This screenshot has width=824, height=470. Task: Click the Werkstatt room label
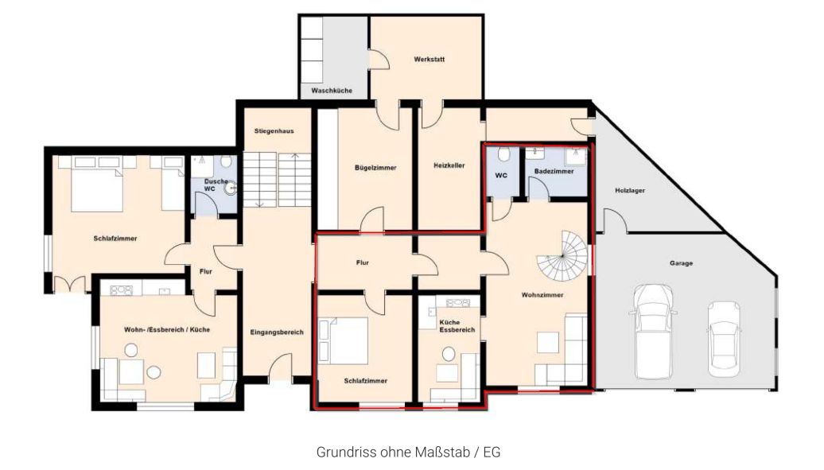(429, 60)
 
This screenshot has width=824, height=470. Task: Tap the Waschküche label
(332, 91)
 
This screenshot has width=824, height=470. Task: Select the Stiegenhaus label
(274, 131)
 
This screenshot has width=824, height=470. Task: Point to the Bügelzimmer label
(375, 168)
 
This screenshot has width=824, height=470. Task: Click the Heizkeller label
(449, 165)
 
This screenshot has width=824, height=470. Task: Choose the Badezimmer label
(554, 172)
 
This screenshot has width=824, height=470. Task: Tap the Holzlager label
(630, 190)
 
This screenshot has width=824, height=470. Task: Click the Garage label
(681, 263)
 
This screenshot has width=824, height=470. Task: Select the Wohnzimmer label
(542, 295)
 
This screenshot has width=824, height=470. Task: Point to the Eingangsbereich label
(277, 332)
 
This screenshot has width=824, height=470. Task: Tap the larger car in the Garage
(653, 331)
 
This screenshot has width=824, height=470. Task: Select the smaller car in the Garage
(724, 339)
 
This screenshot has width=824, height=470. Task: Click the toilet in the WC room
(503, 154)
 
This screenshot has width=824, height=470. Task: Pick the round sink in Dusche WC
(230, 187)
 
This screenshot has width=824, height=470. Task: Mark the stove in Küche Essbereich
(457, 302)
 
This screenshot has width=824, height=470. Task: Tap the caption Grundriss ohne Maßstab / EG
(408, 452)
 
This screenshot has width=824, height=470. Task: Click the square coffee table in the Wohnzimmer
(547, 342)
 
